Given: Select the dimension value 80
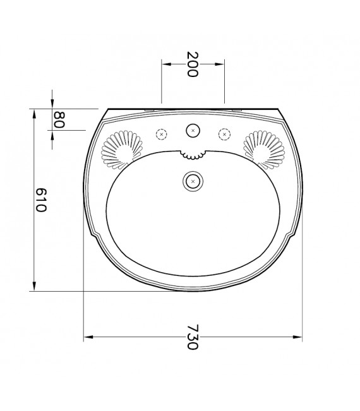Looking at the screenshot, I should click(59, 120).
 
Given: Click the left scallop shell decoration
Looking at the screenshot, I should click(120, 150).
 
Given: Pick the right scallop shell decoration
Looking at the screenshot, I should click(265, 150).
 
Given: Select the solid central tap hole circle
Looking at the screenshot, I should click(193, 131).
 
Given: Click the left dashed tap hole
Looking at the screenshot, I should click(162, 134).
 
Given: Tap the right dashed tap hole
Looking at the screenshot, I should click(224, 134).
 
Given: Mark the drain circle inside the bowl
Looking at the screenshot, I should click(193, 181).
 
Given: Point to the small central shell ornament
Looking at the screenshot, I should click(192, 154).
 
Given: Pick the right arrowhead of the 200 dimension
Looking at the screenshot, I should click(220, 63).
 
